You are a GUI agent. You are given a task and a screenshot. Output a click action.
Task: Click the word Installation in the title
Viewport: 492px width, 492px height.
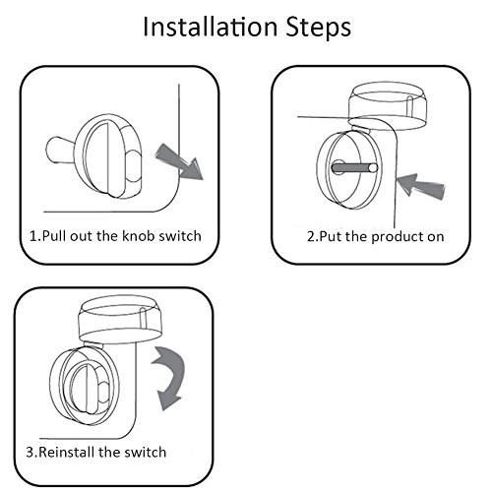point(211,27)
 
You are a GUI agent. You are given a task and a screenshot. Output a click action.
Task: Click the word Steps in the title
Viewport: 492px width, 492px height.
point(319,29)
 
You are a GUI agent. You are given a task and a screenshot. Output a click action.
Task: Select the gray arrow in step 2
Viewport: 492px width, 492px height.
point(420,186)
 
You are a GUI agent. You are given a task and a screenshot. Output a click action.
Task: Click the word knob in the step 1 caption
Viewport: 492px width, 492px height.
point(139,236)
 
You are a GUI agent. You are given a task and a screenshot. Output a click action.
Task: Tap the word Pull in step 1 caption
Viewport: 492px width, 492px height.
point(54,236)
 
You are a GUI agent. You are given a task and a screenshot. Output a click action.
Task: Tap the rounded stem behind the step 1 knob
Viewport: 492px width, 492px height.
point(61,150)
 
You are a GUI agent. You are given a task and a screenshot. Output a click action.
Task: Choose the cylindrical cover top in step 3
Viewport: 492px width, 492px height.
point(120,318)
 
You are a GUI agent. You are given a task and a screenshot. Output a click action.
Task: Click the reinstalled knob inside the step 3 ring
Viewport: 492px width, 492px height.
point(90,387)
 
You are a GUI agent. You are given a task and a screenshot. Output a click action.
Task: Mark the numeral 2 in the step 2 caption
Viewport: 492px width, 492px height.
point(311,237)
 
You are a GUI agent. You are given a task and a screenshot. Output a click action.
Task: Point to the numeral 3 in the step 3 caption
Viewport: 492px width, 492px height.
point(30,453)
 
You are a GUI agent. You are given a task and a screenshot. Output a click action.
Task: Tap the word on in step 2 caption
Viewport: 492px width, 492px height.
point(436,238)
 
